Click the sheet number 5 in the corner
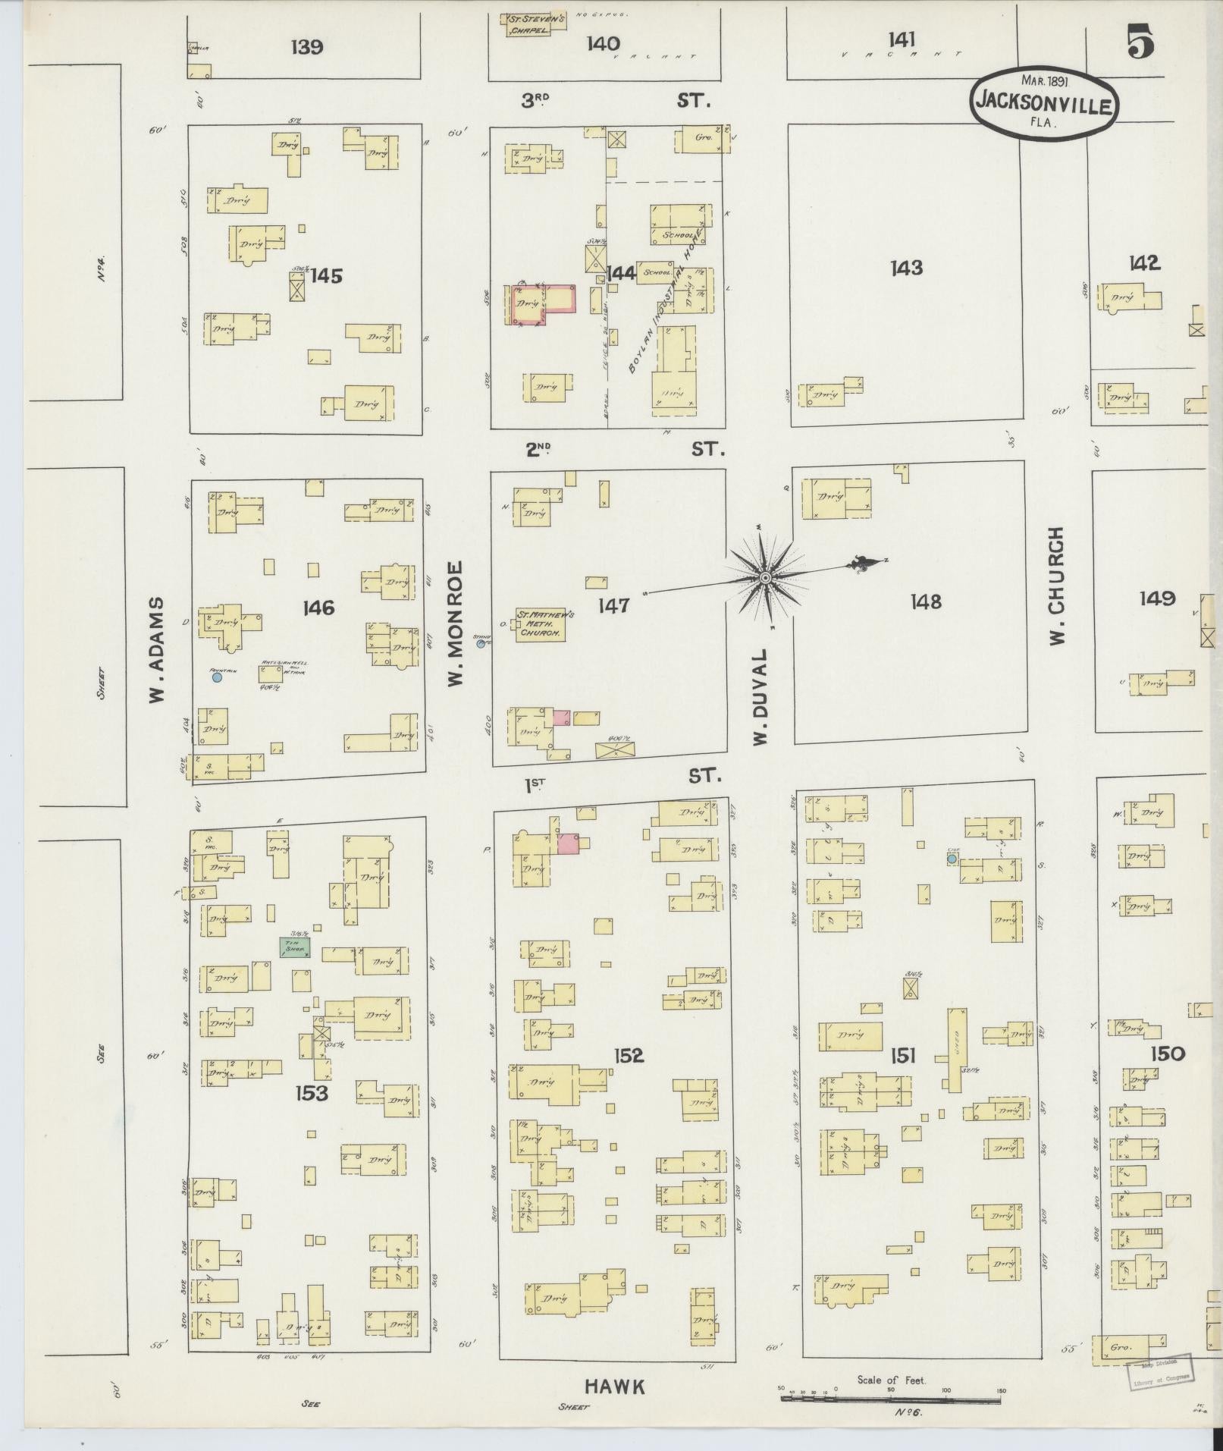[1140, 41]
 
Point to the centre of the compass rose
[765, 579]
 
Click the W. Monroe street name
[455, 624]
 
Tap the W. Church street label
[1057, 586]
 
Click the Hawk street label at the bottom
[615, 1387]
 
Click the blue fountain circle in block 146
[217, 678]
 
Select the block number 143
[907, 268]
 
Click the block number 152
[629, 1055]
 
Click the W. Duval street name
[762, 696]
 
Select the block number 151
[903, 1055]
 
